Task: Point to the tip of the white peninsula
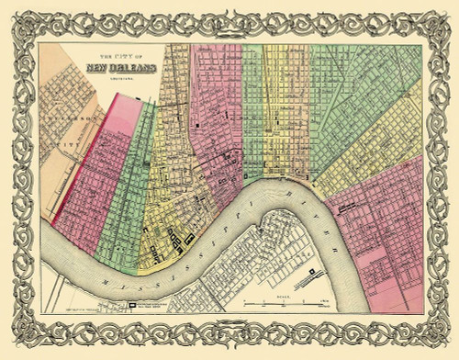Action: (x=262, y=219)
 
